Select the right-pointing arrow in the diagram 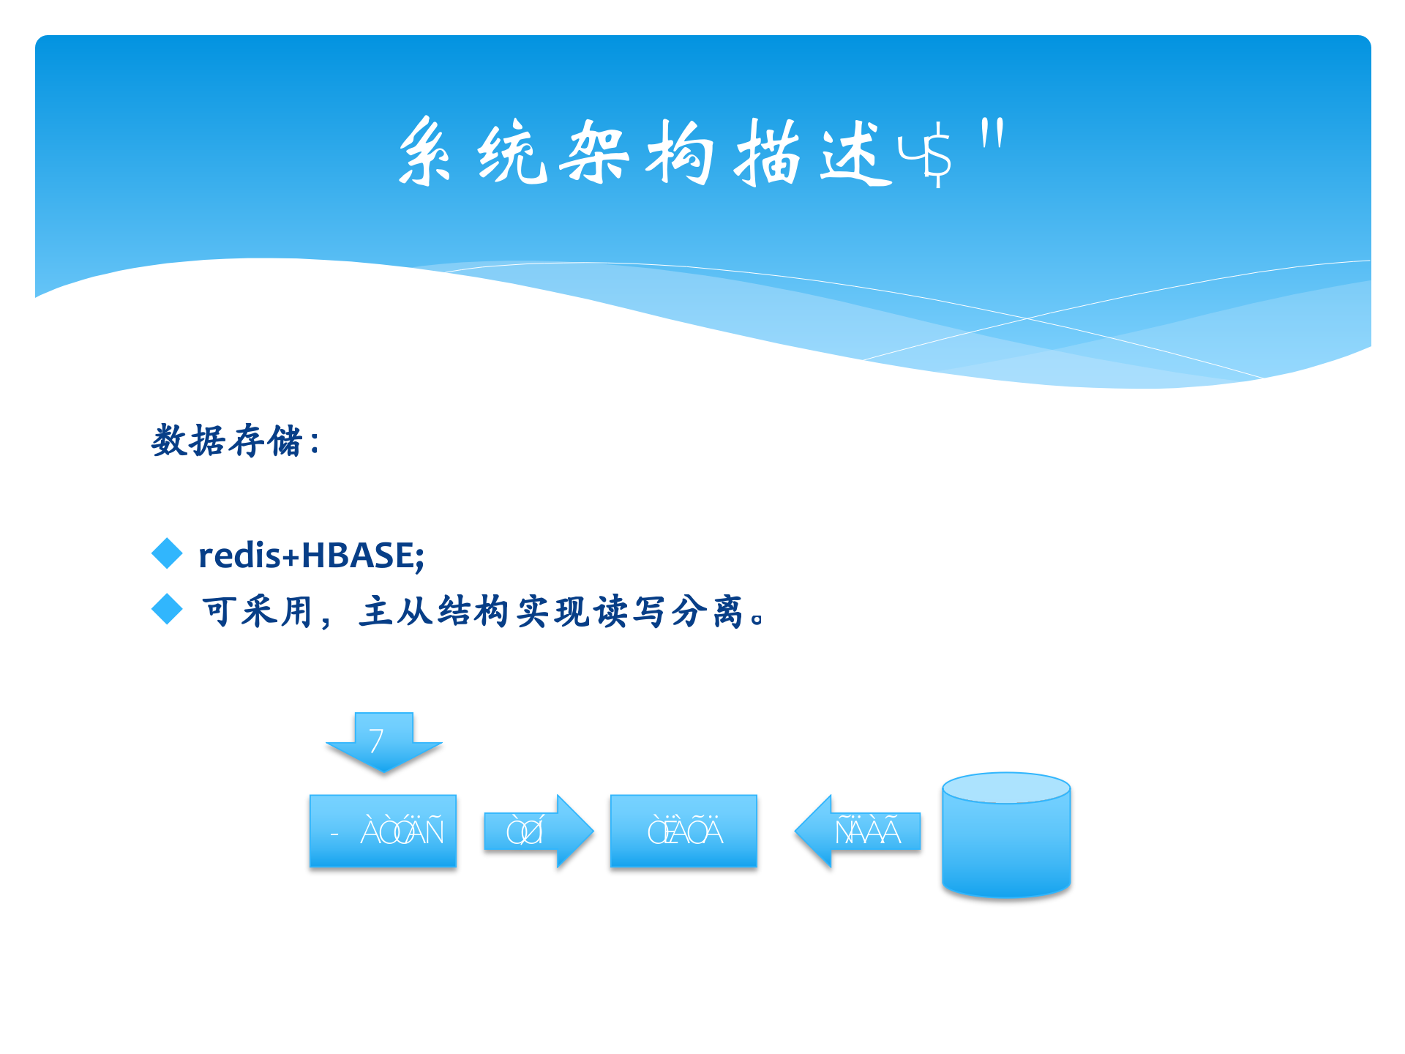(538, 831)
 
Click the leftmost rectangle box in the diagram (383, 831)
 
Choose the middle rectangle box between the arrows (683, 831)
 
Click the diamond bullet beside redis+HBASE (167, 553)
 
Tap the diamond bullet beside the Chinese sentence (167, 609)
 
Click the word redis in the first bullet (239, 555)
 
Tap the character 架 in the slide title (594, 152)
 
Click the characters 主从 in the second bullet (395, 611)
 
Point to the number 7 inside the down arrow (376, 741)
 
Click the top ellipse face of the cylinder (1006, 788)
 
